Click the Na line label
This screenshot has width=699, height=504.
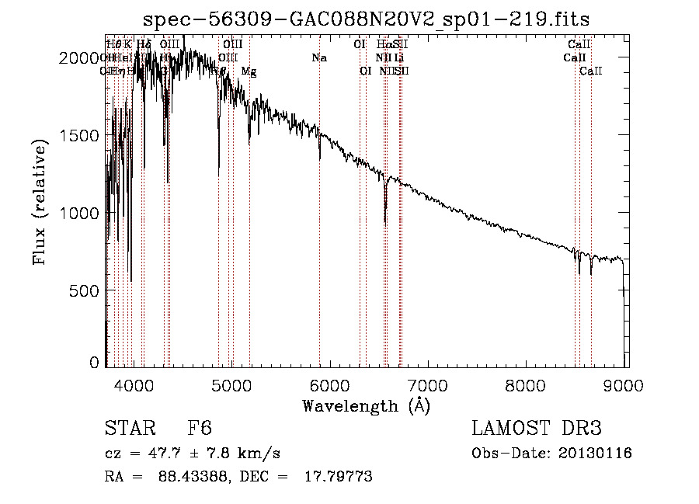[x=319, y=58]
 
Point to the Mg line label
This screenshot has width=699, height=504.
[x=249, y=71]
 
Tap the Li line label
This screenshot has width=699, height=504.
[x=398, y=58]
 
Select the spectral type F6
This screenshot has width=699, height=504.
[x=200, y=429]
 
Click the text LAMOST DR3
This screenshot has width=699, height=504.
[x=536, y=429]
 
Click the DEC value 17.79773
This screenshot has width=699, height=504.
[x=341, y=477]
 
